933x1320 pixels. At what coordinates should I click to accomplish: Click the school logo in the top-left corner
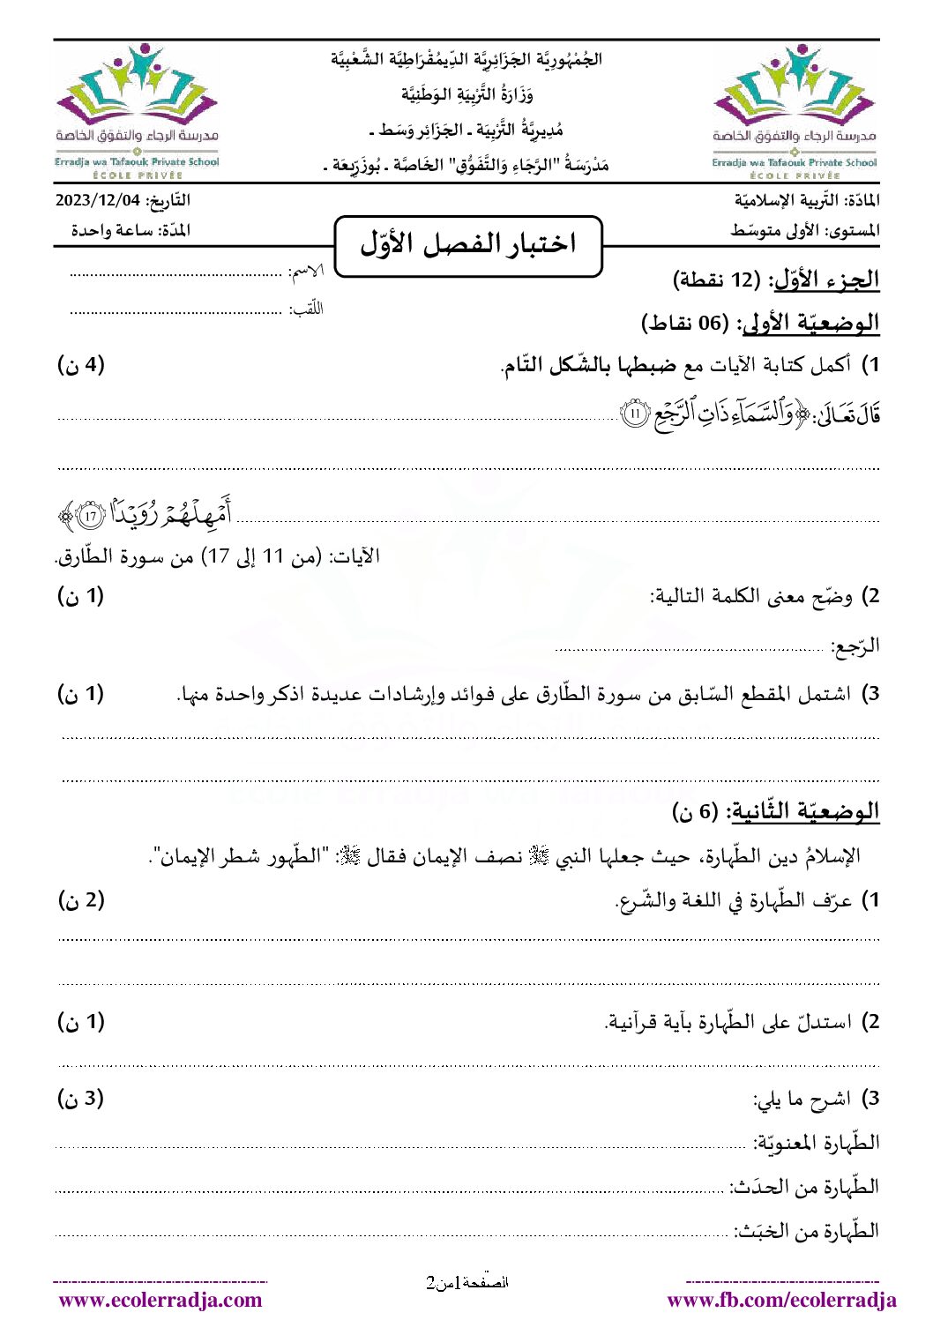pos(137,109)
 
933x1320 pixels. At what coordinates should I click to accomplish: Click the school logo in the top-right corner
pos(795,109)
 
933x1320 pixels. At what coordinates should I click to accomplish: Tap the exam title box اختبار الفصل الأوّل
pos(468,244)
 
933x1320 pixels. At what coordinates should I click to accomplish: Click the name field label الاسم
pos(307,272)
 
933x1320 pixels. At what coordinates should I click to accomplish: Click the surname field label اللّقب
pos(308,309)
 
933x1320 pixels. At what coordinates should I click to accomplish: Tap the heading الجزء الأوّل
pos(827,280)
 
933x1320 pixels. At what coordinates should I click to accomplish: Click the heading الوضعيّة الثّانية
pos(804,811)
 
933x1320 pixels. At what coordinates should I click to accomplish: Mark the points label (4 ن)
pos(81,364)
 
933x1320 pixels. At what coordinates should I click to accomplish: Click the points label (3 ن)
pos(81,1098)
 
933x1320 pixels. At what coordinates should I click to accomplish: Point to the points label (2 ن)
pos(81,899)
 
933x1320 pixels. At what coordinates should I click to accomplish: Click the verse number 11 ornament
pos(635,413)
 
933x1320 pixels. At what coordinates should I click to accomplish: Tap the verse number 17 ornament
pos(90,516)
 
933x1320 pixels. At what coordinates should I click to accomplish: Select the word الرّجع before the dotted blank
pos(856,647)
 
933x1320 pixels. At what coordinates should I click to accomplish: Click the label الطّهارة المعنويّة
pos(817,1144)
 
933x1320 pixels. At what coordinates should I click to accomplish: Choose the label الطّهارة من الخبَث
pos(808,1231)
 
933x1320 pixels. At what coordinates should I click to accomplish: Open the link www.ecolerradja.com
pos(160,1300)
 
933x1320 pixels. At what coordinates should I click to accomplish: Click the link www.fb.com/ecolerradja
pos(781,1300)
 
